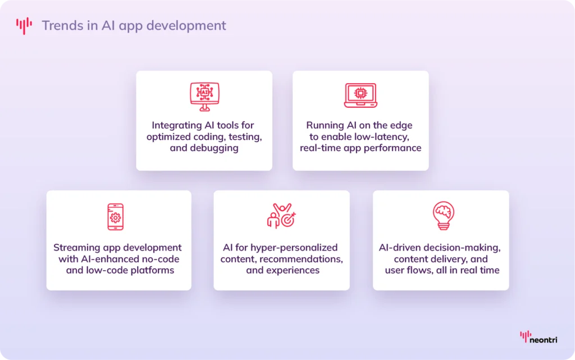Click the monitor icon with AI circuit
204,95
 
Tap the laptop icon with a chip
360,95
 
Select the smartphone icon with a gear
115,217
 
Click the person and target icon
281,216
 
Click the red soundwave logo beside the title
24,25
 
